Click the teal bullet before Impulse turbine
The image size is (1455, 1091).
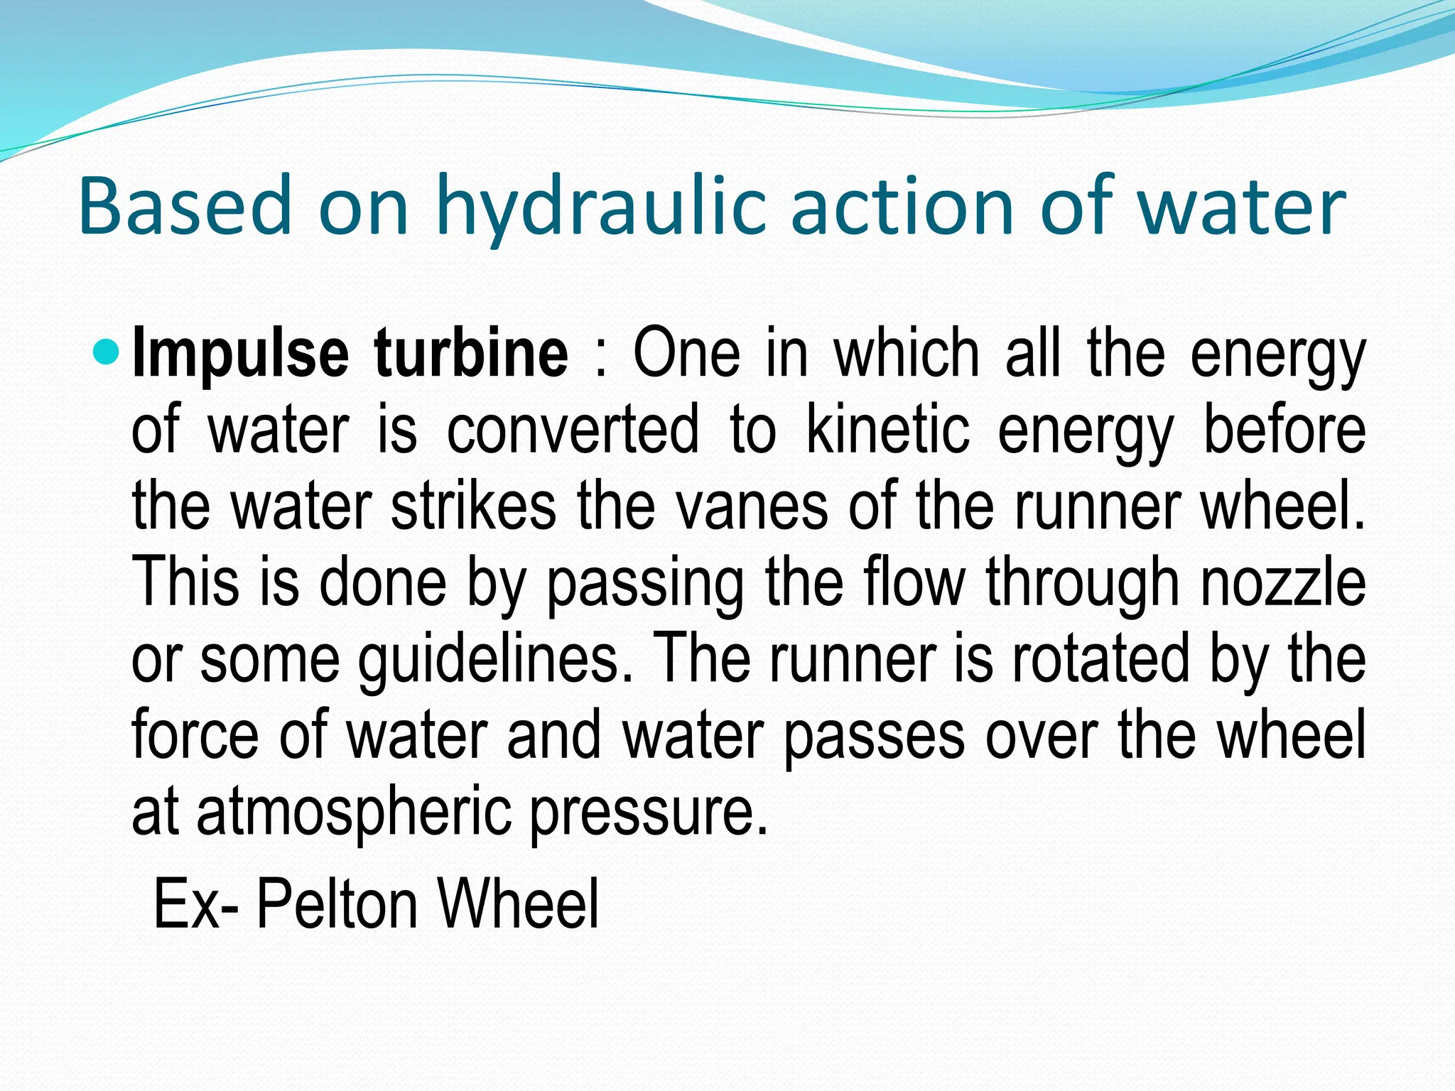(108, 351)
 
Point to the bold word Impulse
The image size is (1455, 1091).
(240, 354)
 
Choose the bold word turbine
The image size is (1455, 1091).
(471, 354)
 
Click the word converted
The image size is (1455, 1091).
(573, 429)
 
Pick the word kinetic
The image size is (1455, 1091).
(888, 429)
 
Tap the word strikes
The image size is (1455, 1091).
(473, 506)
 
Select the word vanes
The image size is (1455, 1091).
(751, 506)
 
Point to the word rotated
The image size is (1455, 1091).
(1100, 659)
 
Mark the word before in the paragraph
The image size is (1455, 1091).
(1284, 429)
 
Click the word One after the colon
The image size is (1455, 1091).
(686, 354)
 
